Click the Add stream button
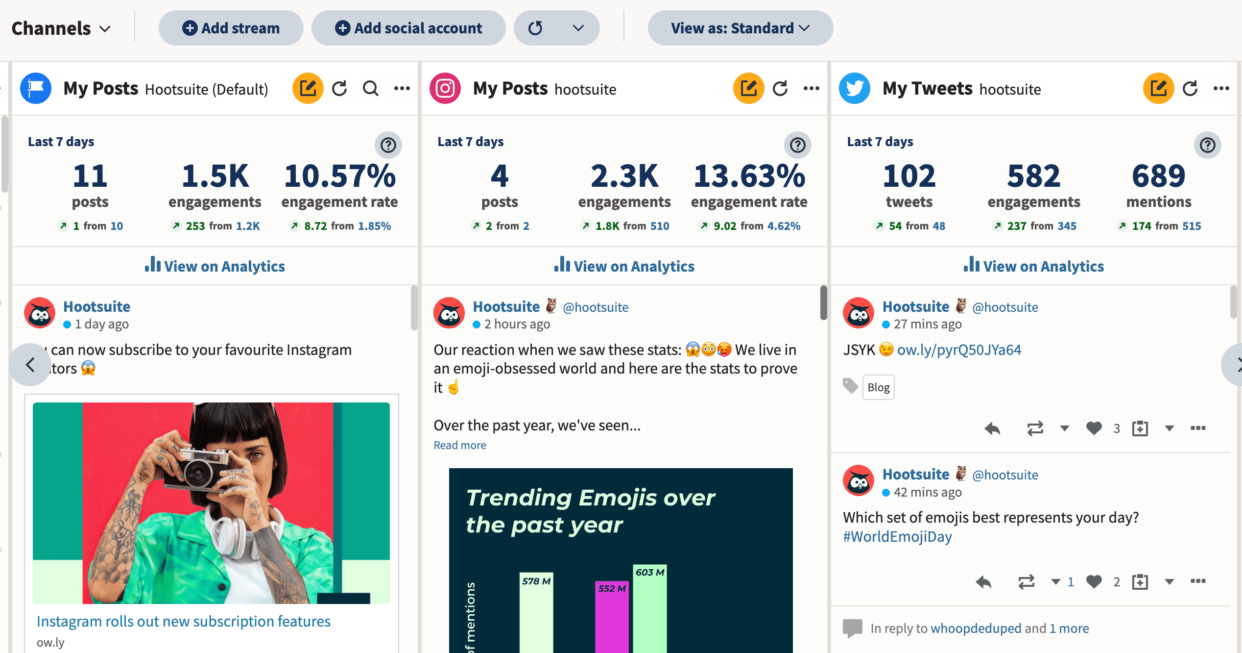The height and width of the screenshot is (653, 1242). click(231, 28)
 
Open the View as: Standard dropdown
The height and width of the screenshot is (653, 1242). click(740, 28)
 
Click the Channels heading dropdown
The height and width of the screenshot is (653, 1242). click(61, 28)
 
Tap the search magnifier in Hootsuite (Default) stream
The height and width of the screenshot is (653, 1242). click(370, 89)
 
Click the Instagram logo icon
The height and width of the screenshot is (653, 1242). click(445, 89)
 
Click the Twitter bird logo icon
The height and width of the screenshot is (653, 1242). click(854, 89)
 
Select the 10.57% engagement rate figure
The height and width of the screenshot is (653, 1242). click(339, 176)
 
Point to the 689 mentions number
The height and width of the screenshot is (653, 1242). click(1158, 176)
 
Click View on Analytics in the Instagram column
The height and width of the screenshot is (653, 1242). click(624, 266)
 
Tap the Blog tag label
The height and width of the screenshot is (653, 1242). click(878, 387)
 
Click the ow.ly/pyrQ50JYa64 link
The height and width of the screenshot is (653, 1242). click(958, 350)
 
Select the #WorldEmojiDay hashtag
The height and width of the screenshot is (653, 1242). click(897, 536)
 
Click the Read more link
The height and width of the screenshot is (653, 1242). click(459, 445)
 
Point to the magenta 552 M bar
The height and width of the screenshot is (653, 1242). click(611, 618)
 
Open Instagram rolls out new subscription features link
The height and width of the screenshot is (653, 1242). click(184, 621)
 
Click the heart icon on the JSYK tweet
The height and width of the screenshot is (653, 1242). click(1094, 428)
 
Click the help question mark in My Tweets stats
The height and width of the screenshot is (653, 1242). click(1207, 145)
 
